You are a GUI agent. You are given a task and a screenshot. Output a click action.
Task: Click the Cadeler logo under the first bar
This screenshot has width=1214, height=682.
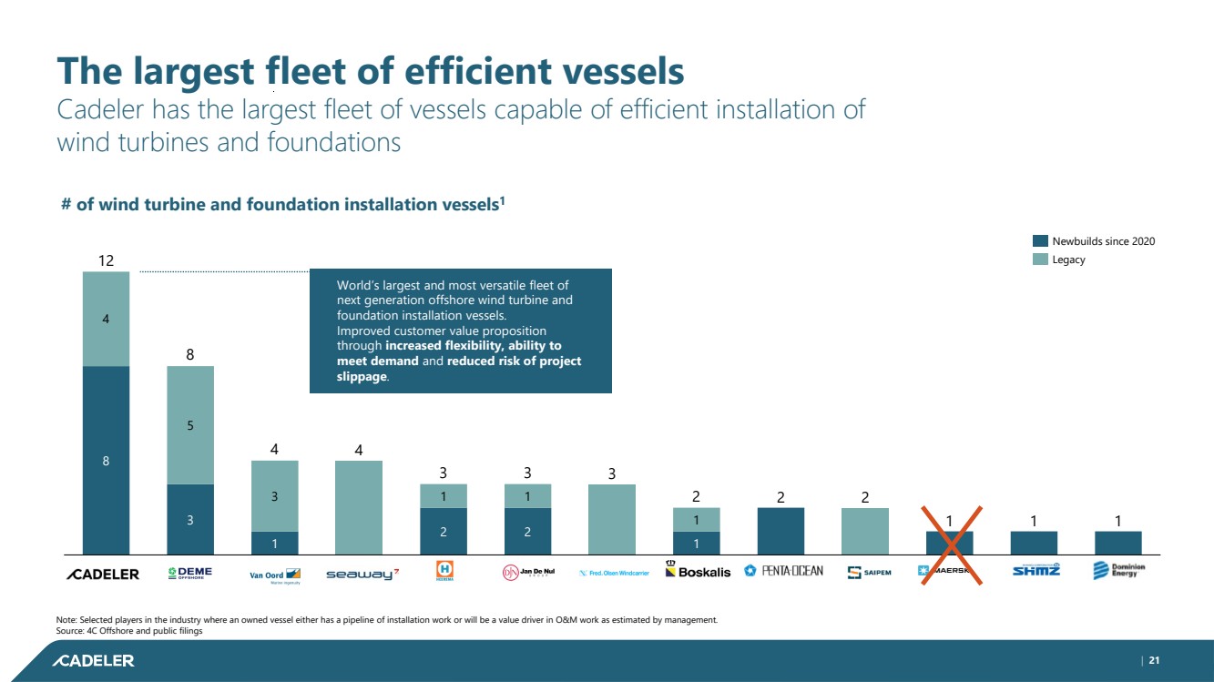click(102, 574)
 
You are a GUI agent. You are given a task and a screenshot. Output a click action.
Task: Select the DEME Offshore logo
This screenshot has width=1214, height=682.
click(190, 573)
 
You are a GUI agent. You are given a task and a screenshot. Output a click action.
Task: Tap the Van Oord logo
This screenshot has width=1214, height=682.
click(275, 575)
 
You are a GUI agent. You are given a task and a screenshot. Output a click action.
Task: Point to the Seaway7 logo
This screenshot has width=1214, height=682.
click(362, 574)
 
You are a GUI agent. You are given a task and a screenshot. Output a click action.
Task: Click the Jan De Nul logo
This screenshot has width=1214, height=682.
click(528, 573)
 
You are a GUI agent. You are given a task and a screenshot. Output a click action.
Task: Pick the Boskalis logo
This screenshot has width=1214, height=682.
click(698, 571)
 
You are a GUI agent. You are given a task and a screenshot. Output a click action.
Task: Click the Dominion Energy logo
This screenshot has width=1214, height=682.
click(1118, 571)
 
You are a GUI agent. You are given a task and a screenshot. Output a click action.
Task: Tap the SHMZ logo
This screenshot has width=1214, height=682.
click(1036, 571)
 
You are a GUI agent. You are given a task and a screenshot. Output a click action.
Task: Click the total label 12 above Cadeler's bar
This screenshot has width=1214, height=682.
click(106, 261)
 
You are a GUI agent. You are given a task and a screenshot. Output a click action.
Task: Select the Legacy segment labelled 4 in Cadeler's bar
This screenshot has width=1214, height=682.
click(106, 319)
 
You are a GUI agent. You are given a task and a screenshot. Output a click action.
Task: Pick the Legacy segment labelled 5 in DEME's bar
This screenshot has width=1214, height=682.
click(190, 424)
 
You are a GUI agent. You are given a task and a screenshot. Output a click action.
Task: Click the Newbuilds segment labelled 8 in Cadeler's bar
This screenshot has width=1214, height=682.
click(106, 460)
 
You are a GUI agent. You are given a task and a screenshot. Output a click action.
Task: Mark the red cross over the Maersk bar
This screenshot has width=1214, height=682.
click(950, 545)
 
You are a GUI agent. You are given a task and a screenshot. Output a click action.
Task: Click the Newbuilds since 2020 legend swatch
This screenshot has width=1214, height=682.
click(1040, 241)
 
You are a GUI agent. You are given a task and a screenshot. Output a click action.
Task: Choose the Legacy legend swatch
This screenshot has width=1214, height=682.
click(1040, 260)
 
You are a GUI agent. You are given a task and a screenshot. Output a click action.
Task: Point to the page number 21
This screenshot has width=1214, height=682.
click(1154, 660)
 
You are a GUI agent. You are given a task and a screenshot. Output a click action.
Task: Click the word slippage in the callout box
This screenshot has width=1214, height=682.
click(362, 377)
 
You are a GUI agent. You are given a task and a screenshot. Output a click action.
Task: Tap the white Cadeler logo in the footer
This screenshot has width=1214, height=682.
click(94, 660)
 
